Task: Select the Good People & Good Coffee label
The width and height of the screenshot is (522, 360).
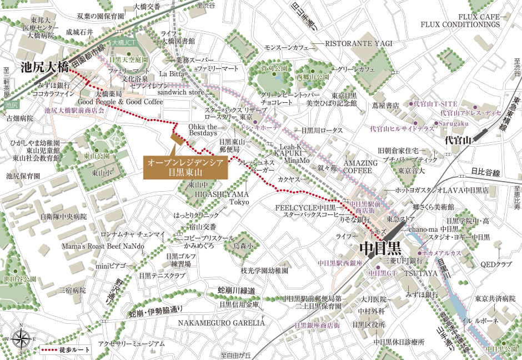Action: pos(121,102)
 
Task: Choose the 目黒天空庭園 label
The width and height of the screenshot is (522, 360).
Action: pos(129,59)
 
